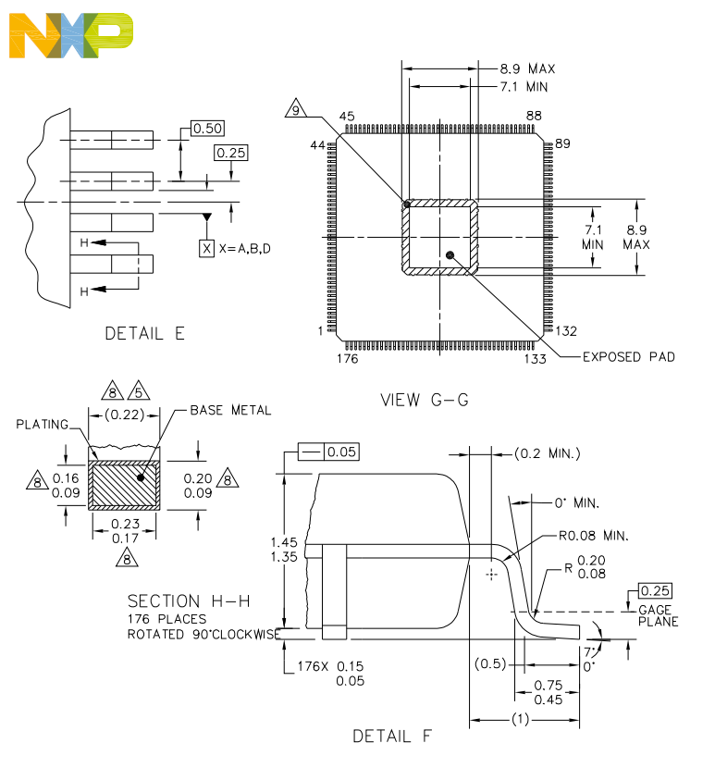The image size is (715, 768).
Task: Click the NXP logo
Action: [x=70, y=34]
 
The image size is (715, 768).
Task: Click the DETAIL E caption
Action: [x=144, y=333]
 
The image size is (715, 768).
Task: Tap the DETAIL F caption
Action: [x=391, y=737]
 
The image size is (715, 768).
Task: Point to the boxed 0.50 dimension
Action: [x=207, y=128]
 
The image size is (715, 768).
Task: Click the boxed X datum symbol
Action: [x=206, y=248]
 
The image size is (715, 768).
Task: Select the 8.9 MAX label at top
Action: [x=527, y=68]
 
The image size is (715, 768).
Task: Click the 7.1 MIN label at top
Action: [x=524, y=86]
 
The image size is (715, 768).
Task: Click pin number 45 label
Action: [x=347, y=117]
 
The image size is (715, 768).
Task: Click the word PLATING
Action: [x=43, y=425]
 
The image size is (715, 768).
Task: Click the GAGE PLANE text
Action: [x=658, y=615]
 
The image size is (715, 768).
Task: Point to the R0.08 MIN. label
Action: [x=592, y=536]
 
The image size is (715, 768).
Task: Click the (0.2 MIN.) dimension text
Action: [x=547, y=453]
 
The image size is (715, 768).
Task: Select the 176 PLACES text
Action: [x=166, y=618]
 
